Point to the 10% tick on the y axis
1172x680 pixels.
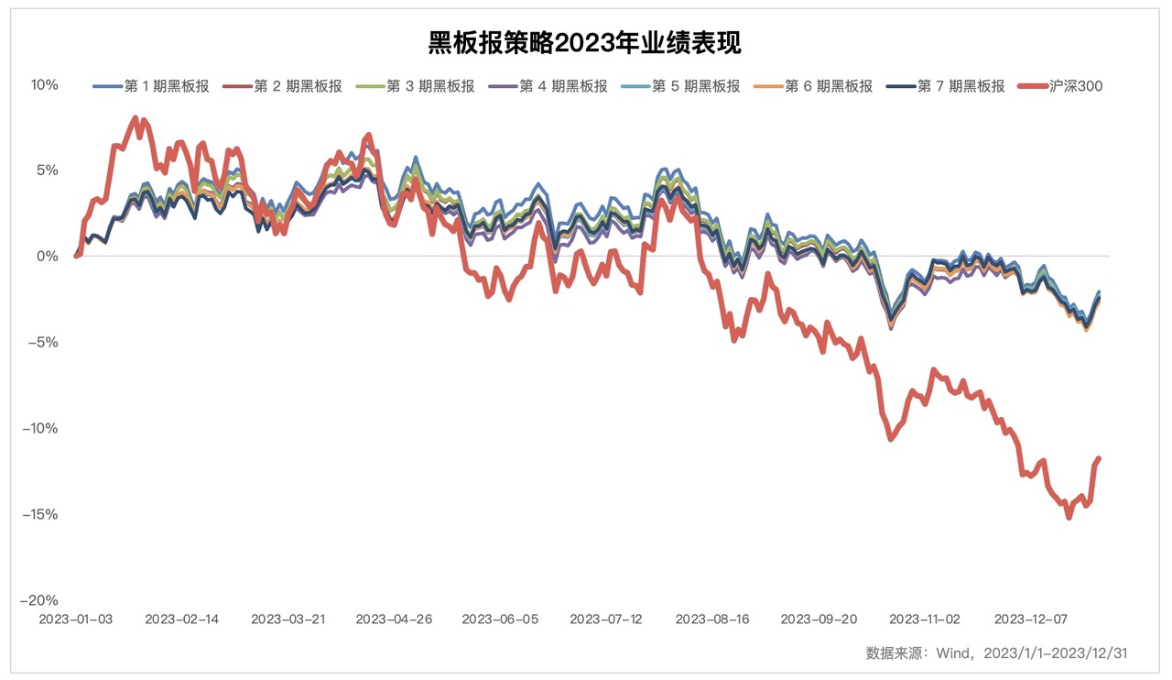44,84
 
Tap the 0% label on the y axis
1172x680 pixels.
48,257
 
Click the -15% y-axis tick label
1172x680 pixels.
40,514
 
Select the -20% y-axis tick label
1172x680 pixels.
40,600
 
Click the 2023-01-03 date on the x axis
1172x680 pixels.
75,620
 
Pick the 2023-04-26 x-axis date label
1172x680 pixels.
393,620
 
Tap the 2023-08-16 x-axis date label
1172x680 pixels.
711,620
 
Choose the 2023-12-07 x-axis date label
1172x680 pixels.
1030,620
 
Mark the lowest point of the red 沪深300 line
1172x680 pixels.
1069,518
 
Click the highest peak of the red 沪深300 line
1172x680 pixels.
136,117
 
